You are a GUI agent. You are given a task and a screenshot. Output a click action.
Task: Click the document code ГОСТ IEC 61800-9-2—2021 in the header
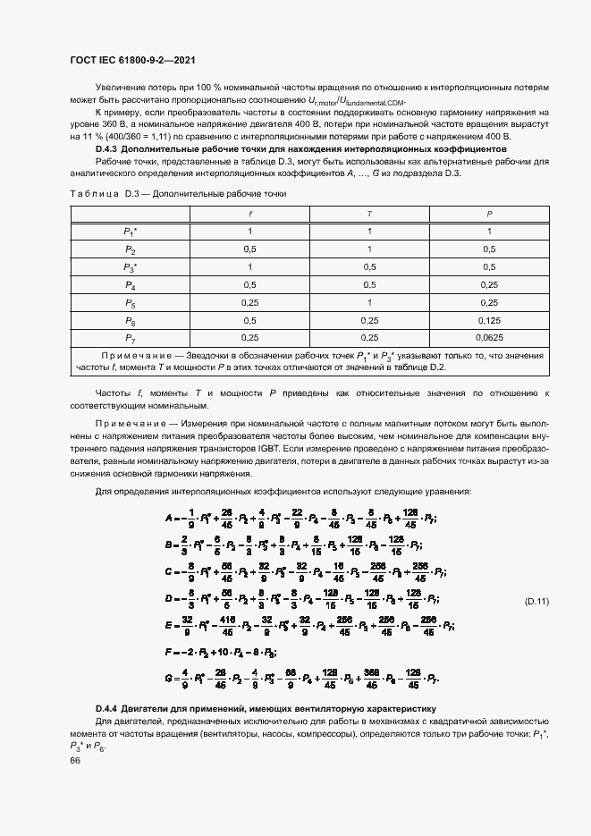[x=131, y=60]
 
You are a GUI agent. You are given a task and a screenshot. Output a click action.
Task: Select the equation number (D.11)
[x=536, y=602]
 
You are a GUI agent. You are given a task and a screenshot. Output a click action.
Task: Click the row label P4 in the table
[x=130, y=284]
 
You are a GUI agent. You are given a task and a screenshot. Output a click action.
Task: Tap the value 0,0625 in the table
[x=488, y=337]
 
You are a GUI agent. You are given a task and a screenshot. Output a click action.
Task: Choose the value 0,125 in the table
[x=488, y=319]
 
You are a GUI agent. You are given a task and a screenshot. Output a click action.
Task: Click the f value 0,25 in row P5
[x=250, y=302]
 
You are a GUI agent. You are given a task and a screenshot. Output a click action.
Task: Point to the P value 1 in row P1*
[x=488, y=232]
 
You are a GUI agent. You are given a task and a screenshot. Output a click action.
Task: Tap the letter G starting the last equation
[x=168, y=680]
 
